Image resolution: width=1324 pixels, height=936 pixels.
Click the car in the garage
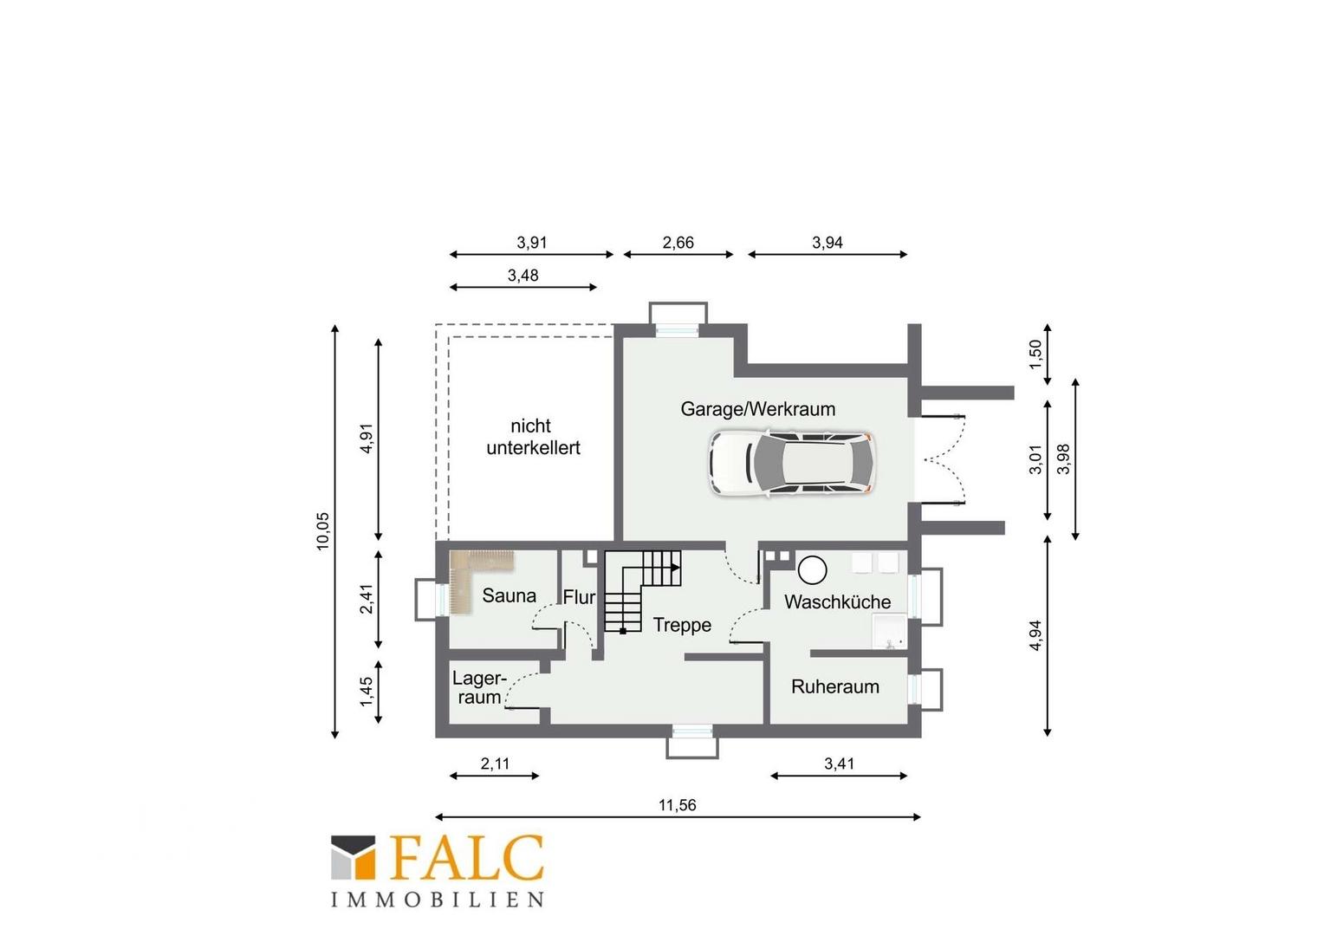[x=792, y=463]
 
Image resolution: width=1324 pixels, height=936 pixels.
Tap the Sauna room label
[x=509, y=595]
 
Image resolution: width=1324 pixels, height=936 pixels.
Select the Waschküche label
[x=838, y=602]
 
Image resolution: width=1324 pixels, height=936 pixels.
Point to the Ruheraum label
[x=835, y=686]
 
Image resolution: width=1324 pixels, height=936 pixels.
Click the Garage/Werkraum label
[x=758, y=409]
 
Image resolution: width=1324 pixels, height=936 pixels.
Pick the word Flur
[x=579, y=597]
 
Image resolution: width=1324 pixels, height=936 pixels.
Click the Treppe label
[x=682, y=625]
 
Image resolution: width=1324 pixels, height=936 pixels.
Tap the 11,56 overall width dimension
[x=678, y=805]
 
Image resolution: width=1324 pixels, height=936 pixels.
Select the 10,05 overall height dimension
[x=322, y=531]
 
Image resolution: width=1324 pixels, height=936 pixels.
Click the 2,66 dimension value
[x=678, y=243]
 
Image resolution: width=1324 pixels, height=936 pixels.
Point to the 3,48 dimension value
[x=523, y=276]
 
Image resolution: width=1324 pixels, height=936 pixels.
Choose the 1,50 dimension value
[x=1035, y=354]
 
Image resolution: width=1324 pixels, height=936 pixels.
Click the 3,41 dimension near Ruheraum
[x=840, y=764]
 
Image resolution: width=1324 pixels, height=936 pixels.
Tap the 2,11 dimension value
[x=495, y=764]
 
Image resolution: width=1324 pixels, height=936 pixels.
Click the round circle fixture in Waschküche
[x=812, y=570]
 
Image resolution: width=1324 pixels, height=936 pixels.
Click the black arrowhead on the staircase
[x=675, y=568]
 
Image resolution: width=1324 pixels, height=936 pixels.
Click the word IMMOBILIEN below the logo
[x=437, y=900]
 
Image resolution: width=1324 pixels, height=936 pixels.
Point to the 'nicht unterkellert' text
[x=533, y=437]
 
